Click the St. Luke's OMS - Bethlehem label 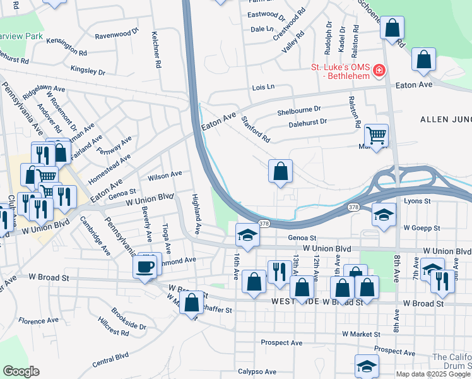click(x=338, y=68)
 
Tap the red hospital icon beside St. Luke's click(x=379, y=69)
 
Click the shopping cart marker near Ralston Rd click(x=376, y=136)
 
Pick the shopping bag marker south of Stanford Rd click(x=280, y=171)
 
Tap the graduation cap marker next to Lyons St click(x=383, y=215)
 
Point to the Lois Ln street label click(x=264, y=87)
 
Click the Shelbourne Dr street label click(x=299, y=112)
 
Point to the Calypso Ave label click(x=257, y=371)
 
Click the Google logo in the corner click(x=21, y=371)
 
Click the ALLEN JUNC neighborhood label click(x=445, y=118)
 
